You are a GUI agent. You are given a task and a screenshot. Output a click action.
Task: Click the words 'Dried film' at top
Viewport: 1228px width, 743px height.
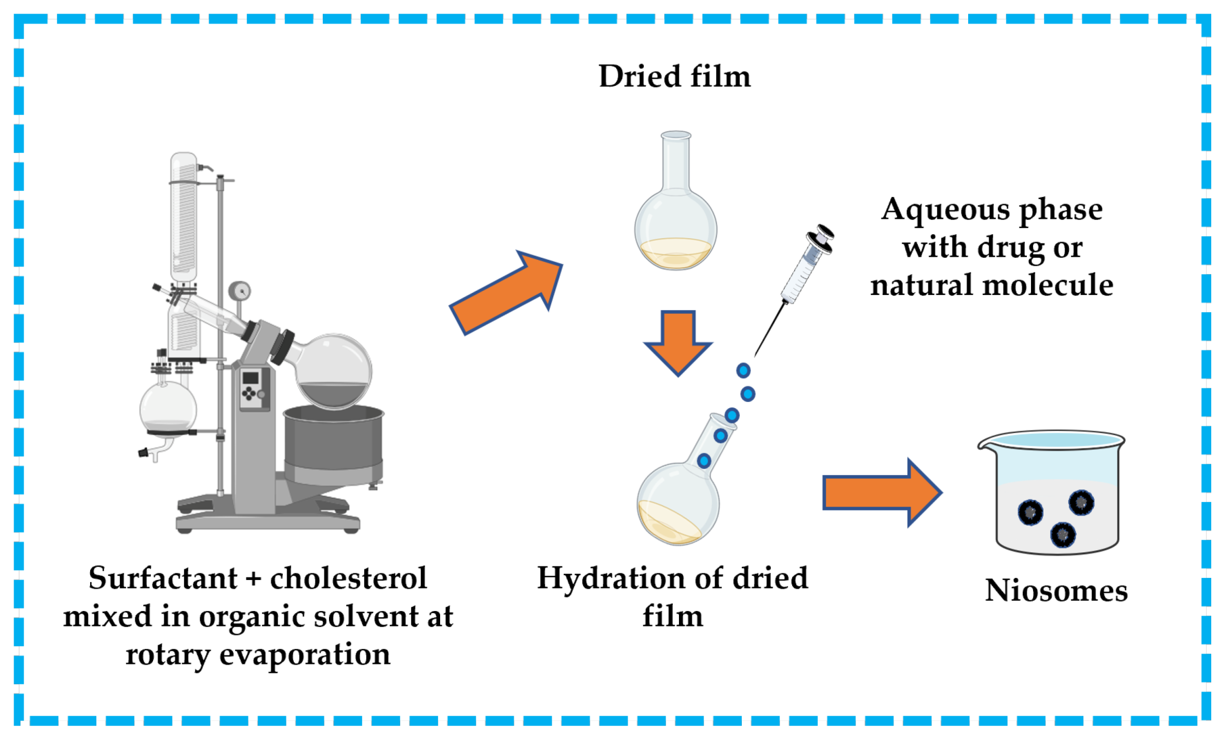[x=674, y=77]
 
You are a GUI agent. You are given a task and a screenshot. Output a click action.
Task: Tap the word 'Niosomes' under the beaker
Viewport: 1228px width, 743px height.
[x=1056, y=591]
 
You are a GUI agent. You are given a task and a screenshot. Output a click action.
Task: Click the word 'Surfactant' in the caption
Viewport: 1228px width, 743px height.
[x=163, y=578]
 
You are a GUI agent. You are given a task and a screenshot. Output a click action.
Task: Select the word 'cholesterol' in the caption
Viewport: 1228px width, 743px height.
[x=348, y=578]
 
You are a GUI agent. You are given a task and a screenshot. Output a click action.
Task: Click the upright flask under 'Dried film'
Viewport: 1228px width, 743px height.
[x=675, y=220]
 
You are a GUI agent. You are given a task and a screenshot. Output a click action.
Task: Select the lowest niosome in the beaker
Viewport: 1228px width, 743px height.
[x=1063, y=535]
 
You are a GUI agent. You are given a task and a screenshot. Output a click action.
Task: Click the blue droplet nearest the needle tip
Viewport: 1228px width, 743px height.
[x=743, y=370]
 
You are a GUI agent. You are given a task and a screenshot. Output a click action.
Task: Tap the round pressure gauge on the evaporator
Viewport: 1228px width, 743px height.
[x=240, y=291]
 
